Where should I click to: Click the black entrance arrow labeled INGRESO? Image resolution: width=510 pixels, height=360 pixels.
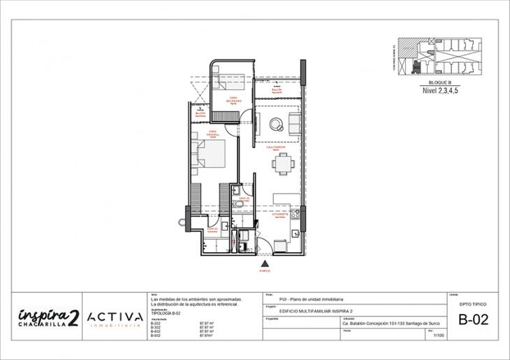point(265,262)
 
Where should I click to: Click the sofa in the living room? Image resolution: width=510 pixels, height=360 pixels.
point(296,124)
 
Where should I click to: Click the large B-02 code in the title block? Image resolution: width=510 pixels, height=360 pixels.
point(473,321)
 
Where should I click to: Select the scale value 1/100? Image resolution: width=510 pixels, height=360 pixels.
point(439,336)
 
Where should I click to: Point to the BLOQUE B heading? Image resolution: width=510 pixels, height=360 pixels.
point(439,82)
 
